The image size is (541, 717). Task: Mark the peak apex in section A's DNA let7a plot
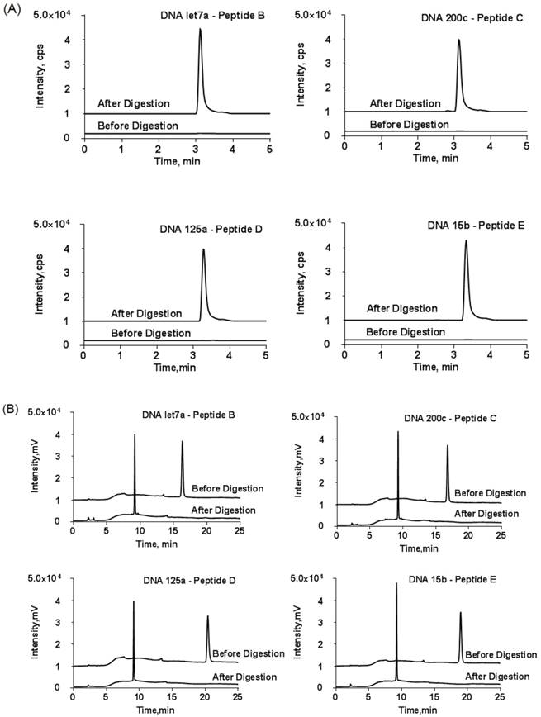coord(200,29)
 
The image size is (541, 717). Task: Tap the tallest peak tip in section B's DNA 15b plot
coord(397,583)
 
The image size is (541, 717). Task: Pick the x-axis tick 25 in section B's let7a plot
coord(239,532)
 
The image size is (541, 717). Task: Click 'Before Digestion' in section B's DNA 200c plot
coord(490,493)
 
